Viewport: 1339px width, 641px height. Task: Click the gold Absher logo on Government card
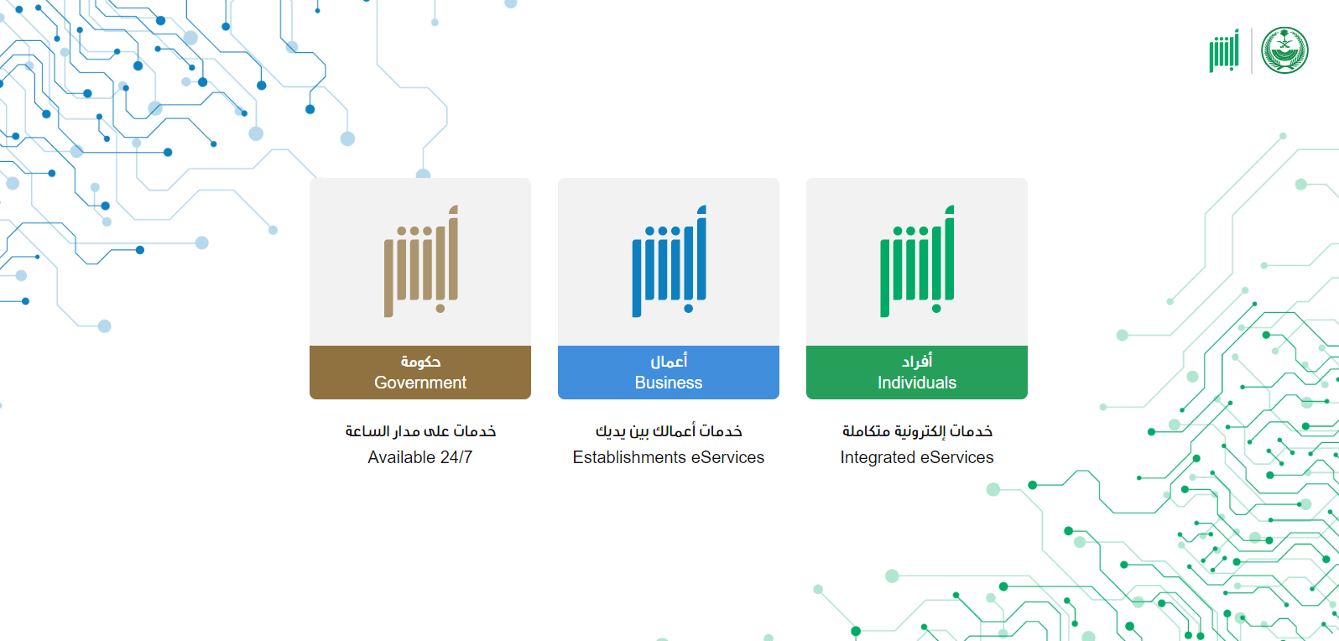click(421, 261)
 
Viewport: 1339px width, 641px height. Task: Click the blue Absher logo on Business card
click(669, 261)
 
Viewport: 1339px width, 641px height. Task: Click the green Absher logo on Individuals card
click(917, 261)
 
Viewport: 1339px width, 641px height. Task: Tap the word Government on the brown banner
click(420, 383)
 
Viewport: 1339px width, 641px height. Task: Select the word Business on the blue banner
click(669, 383)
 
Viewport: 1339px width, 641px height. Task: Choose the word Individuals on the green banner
click(917, 383)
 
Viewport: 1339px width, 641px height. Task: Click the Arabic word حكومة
click(420, 361)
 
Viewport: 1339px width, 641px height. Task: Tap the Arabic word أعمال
click(669, 361)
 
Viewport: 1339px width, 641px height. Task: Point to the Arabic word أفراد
click(917, 361)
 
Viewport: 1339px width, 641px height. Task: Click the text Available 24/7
click(420, 457)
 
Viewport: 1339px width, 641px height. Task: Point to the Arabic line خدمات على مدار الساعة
click(420, 431)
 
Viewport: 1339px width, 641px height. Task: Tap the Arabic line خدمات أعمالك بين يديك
click(669, 431)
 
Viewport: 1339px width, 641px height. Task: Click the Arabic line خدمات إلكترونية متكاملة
click(917, 431)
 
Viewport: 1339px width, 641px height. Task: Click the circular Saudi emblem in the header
click(1284, 50)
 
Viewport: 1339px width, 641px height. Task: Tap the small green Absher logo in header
click(1224, 51)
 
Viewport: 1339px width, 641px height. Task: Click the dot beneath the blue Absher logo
click(689, 309)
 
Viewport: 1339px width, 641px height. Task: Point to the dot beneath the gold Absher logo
click(440, 309)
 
